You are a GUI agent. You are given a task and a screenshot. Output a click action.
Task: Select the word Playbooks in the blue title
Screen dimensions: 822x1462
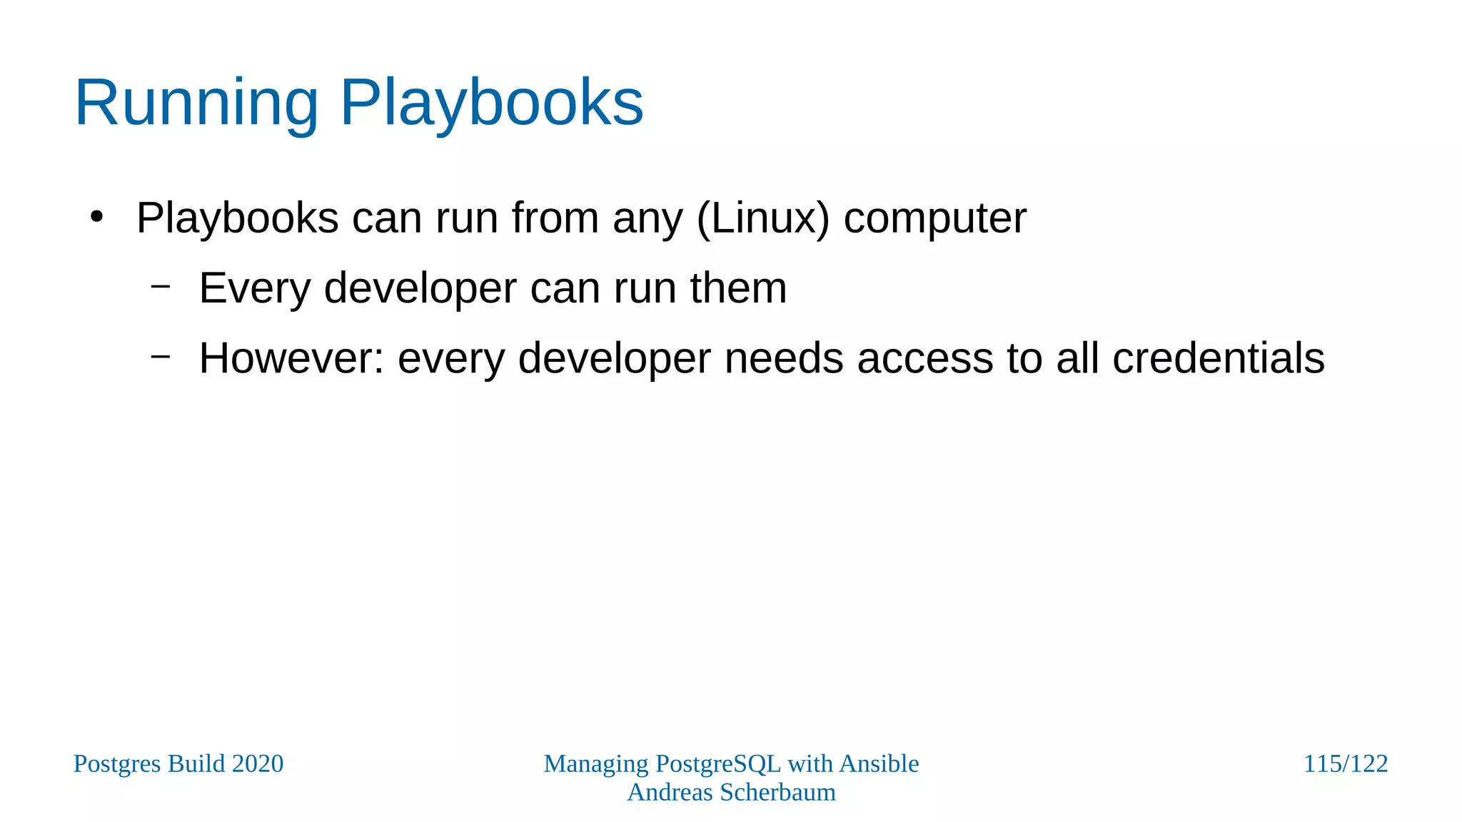(x=492, y=104)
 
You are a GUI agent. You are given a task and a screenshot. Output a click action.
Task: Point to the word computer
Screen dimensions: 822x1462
(x=935, y=219)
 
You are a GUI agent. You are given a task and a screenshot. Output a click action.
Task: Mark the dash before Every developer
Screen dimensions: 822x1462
(x=161, y=286)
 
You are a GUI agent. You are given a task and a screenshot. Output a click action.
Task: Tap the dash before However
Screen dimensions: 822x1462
(x=161, y=355)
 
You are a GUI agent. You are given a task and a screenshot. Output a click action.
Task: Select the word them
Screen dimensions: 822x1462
(x=738, y=288)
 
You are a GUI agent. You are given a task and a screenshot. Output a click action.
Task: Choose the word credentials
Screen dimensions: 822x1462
(x=1219, y=358)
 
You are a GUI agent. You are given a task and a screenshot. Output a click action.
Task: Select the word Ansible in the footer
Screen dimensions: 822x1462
(x=879, y=763)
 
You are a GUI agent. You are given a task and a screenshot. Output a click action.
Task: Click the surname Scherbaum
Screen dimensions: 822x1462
(x=777, y=792)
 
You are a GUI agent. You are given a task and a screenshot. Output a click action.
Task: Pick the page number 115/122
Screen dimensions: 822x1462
(x=1346, y=763)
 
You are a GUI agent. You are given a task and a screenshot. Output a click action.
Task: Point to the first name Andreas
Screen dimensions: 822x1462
(x=670, y=792)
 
